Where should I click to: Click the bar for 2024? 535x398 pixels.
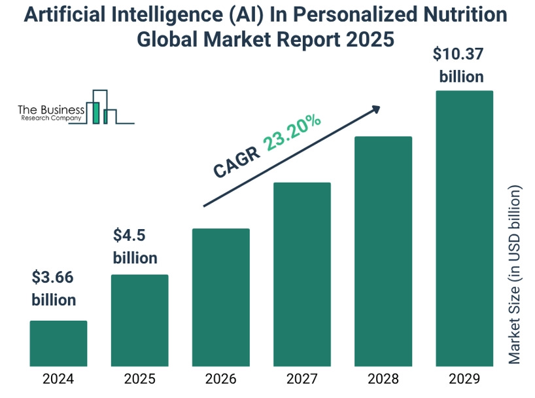[x=58, y=343]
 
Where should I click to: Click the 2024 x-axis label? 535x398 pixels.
[x=58, y=379]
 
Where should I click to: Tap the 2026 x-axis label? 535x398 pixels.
[x=220, y=379]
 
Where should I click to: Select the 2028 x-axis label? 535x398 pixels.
[x=383, y=379]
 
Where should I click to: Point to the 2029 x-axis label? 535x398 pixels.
[x=464, y=379]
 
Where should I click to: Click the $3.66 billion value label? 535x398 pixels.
[x=54, y=289]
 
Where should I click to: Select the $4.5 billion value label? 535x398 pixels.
[x=135, y=246]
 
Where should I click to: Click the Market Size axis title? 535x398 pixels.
[x=516, y=275]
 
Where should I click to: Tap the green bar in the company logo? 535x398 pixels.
[x=96, y=113]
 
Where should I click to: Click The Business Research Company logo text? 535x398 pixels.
[x=50, y=113]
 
